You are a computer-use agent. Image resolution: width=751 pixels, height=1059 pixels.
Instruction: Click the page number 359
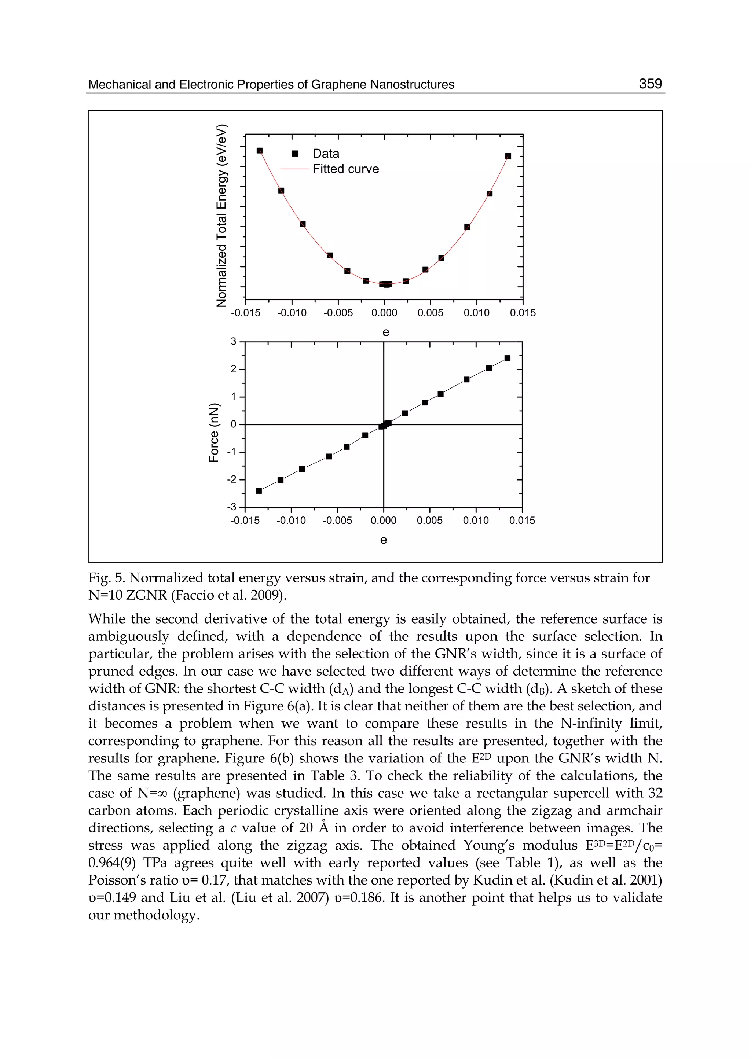650,84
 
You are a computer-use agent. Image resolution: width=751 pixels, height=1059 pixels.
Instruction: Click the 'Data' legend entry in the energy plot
326,154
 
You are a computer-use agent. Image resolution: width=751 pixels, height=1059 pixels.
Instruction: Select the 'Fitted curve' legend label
345,169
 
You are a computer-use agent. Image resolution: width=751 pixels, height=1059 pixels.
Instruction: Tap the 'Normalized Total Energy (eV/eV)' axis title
222,216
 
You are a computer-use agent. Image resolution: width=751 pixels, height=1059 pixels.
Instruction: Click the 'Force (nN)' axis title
214,432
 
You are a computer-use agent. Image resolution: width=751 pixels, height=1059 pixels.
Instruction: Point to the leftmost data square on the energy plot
259,151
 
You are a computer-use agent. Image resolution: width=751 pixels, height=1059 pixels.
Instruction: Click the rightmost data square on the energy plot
508,156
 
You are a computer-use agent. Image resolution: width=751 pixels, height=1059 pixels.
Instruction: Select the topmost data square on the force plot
507,358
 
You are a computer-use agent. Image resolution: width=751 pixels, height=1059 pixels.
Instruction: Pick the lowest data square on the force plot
259,491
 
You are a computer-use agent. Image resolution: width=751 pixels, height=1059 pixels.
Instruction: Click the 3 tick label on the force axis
234,342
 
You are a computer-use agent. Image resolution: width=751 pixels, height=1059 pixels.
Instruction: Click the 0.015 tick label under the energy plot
523,313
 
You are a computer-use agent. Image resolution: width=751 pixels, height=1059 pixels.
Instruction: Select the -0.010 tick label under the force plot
291,521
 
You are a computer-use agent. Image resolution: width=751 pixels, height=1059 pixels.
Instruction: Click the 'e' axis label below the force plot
383,540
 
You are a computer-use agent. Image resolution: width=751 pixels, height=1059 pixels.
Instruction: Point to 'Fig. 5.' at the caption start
106,578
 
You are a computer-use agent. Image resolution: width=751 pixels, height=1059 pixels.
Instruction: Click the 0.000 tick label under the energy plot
384,313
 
